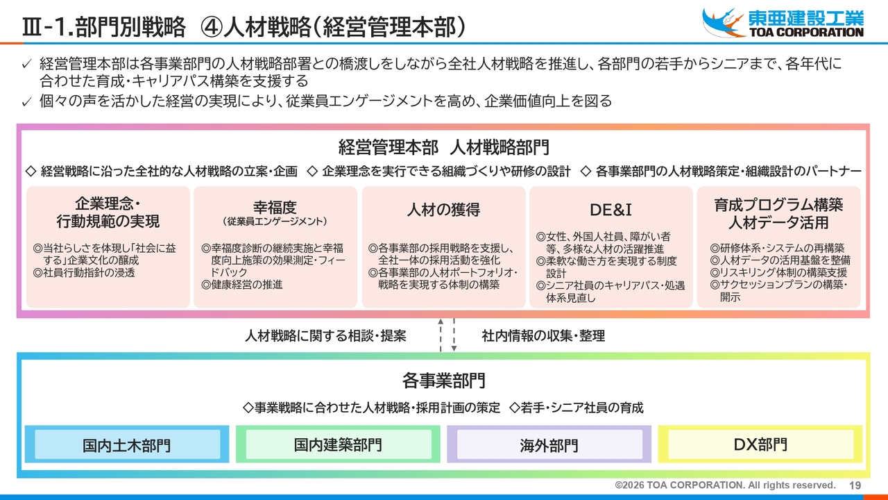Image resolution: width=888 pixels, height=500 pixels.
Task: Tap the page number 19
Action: (x=855, y=485)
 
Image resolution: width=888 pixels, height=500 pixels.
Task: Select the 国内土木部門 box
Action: (x=127, y=445)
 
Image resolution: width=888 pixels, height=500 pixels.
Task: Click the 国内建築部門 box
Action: (x=338, y=444)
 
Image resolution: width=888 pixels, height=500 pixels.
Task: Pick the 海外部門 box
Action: (x=549, y=445)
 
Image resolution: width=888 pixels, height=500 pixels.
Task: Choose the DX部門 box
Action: (x=760, y=444)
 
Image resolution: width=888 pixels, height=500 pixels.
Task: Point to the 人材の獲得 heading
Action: (x=443, y=209)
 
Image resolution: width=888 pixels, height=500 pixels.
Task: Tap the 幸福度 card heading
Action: (x=275, y=207)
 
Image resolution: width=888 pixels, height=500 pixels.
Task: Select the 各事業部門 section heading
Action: (x=443, y=381)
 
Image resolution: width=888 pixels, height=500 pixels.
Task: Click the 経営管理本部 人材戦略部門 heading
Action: (x=443, y=147)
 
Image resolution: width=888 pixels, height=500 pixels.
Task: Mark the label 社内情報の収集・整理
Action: (x=543, y=336)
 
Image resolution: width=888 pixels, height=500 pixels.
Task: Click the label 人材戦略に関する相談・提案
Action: (x=325, y=336)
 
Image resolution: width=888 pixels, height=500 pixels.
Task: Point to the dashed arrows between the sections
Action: (x=447, y=335)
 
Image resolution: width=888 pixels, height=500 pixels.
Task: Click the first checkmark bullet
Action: (x=26, y=65)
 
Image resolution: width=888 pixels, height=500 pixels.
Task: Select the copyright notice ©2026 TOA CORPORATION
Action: (x=725, y=485)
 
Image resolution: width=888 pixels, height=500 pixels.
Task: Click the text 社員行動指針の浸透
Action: (x=84, y=273)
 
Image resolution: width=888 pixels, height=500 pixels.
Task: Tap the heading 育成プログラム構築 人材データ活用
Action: (x=778, y=214)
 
